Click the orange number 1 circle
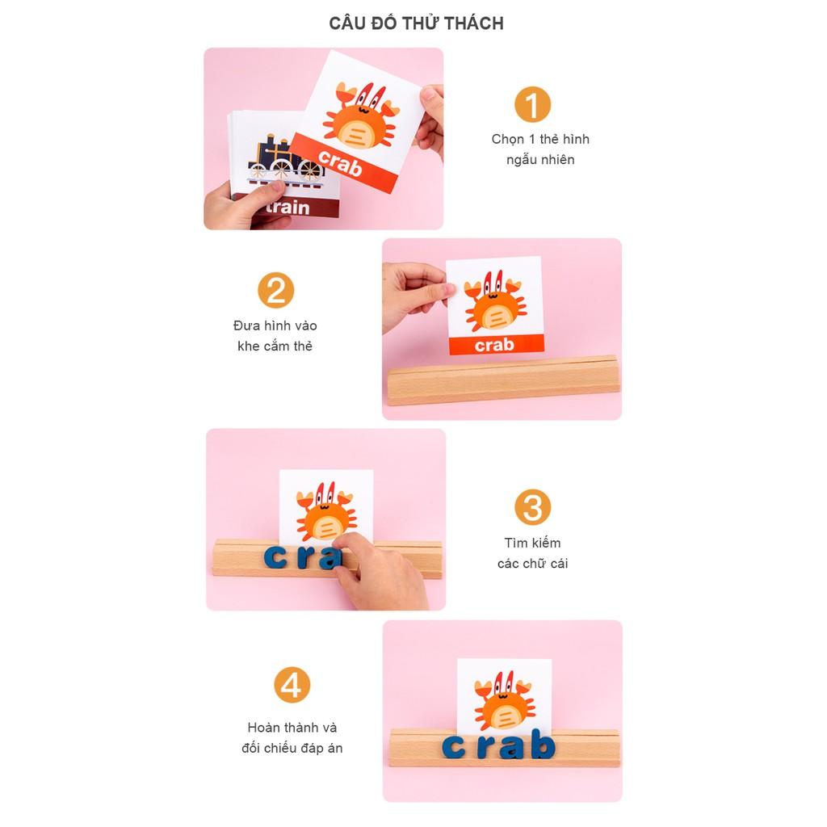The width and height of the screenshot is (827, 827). coord(532,104)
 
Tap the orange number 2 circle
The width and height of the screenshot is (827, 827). coord(276,290)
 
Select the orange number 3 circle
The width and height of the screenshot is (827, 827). coord(532,507)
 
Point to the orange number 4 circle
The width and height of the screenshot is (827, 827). coord(292,685)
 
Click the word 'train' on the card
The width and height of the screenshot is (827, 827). coord(288,207)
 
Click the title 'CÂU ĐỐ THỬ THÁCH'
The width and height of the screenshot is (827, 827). coord(416,23)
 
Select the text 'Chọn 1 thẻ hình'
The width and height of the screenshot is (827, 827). coord(540,139)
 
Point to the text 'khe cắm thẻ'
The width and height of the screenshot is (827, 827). coord(275,346)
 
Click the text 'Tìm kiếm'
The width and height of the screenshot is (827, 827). coord(532,543)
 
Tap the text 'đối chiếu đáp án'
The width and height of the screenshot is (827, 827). coord(292,748)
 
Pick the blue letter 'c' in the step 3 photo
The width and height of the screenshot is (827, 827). coord(276,558)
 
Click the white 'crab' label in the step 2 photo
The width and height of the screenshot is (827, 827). coord(494,345)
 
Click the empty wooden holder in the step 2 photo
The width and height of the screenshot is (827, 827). coord(503,380)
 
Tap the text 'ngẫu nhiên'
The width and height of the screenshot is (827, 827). coord(540,160)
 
